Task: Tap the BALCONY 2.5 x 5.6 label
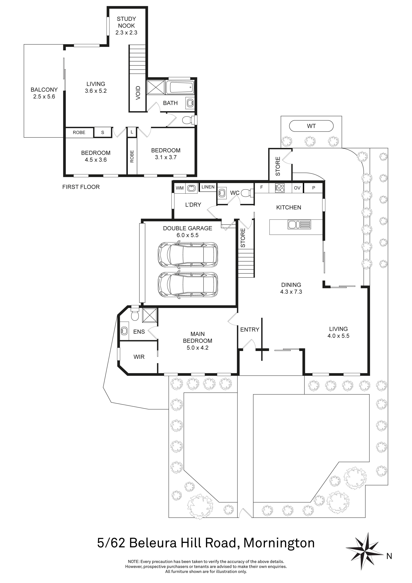point(44,93)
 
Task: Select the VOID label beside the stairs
point(138,93)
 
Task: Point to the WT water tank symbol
point(311,126)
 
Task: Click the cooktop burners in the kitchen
point(280,188)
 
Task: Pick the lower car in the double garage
point(188,285)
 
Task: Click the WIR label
point(139,357)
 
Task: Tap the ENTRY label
point(250,330)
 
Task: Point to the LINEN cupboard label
point(208,187)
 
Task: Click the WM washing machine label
point(180,188)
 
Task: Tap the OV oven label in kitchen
point(297,188)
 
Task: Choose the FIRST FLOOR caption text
point(81,187)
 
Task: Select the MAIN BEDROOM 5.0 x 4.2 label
point(197,341)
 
